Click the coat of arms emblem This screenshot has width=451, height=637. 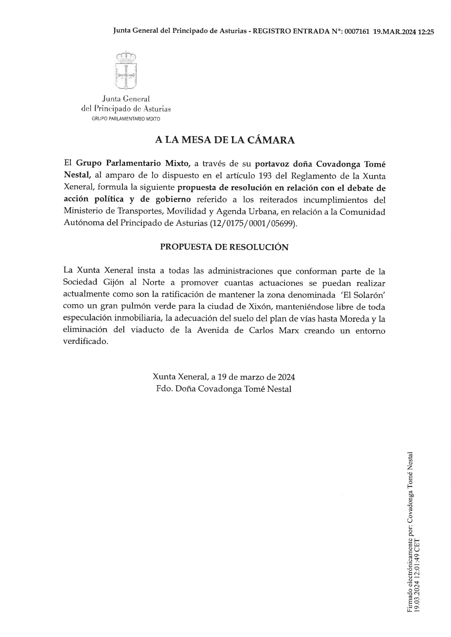click(126, 71)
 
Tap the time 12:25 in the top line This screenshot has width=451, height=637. click(426, 32)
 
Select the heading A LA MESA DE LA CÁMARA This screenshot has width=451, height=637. click(225, 140)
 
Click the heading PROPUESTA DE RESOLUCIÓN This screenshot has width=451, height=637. click(224, 247)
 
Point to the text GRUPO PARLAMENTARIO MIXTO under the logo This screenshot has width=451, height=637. click(126, 119)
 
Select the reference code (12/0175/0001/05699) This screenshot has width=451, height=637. click(253, 223)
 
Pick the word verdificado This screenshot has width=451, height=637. click(85, 342)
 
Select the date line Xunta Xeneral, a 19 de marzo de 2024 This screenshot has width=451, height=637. click(224, 377)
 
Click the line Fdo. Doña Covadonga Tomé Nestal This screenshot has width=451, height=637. click(224, 389)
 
